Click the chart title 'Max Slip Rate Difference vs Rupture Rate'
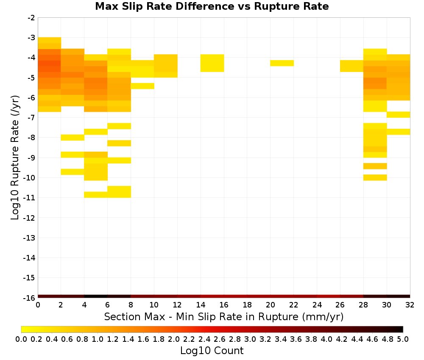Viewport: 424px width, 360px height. [x=212, y=6]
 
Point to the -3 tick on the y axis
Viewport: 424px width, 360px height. [x=31, y=38]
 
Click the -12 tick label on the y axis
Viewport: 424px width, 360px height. [x=29, y=218]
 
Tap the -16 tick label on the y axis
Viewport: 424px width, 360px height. [x=29, y=298]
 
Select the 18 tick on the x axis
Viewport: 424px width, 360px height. [x=247, y=305]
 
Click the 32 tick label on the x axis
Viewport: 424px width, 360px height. [x=410, y=305]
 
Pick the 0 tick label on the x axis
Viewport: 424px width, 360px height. [x=38, y=305]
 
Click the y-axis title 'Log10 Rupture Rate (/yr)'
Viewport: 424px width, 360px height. [x=15, y=158]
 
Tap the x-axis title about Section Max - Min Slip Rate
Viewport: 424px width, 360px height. [x=224, y=316]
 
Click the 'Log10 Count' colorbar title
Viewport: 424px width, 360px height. [x=212, y=351]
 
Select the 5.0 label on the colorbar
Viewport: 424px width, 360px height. [x=403, y=339]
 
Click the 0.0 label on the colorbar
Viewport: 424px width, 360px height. [x=21, y=339]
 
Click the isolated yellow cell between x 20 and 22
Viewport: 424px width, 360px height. [x=282, y=63]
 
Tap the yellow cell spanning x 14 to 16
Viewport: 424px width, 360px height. [x=212, y=63]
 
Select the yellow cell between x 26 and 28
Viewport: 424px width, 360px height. [x=351, y=66]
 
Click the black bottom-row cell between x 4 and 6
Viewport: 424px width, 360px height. [x=96, y=296]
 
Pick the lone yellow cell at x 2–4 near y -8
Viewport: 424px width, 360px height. [x=73, y=138]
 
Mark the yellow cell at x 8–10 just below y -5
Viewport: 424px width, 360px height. [x=142, y=86]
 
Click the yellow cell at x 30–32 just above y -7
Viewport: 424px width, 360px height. [x=398, y=114]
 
